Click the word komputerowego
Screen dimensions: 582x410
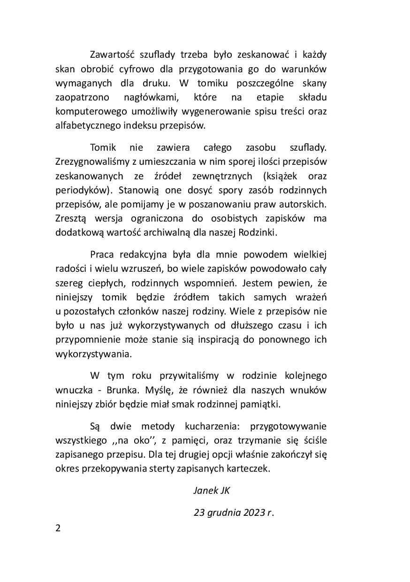[x=86, y=112]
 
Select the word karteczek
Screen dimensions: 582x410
[x=251, y=469]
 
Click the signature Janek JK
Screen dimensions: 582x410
[x=212, y=490]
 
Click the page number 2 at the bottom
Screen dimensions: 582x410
[x=58, y=528]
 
